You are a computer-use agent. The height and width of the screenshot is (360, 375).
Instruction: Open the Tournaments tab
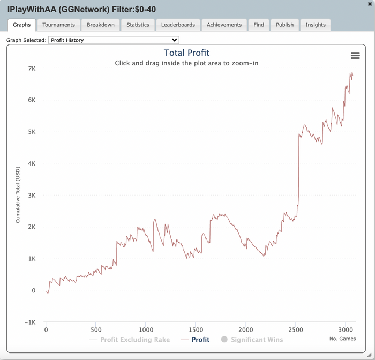click(58, 25)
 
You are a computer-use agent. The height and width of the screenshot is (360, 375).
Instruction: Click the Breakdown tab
click(101, 25)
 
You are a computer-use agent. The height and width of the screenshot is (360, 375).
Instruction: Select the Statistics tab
click(138, 25)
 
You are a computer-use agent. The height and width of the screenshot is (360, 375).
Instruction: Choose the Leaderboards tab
click(178, 25)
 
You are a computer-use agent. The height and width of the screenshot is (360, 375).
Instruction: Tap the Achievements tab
click(224, 25)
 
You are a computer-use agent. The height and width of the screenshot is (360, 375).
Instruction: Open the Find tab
click(259, 25)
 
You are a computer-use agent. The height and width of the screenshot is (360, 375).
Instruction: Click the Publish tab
click(284, 25)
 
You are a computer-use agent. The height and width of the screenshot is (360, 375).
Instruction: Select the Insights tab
click(316, 25)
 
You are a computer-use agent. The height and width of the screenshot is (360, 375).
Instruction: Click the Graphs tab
click(21, 25)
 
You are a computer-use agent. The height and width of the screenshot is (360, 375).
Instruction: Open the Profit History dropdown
click(114, 40)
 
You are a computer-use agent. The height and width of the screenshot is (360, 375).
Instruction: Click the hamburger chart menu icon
click(355, 56)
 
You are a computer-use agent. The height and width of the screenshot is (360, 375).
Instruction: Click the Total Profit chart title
click(186, 53)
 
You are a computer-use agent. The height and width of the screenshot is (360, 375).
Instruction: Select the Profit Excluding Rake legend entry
click(134, 340)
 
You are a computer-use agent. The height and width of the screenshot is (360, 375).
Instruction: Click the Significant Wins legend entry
click(257, 340)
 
